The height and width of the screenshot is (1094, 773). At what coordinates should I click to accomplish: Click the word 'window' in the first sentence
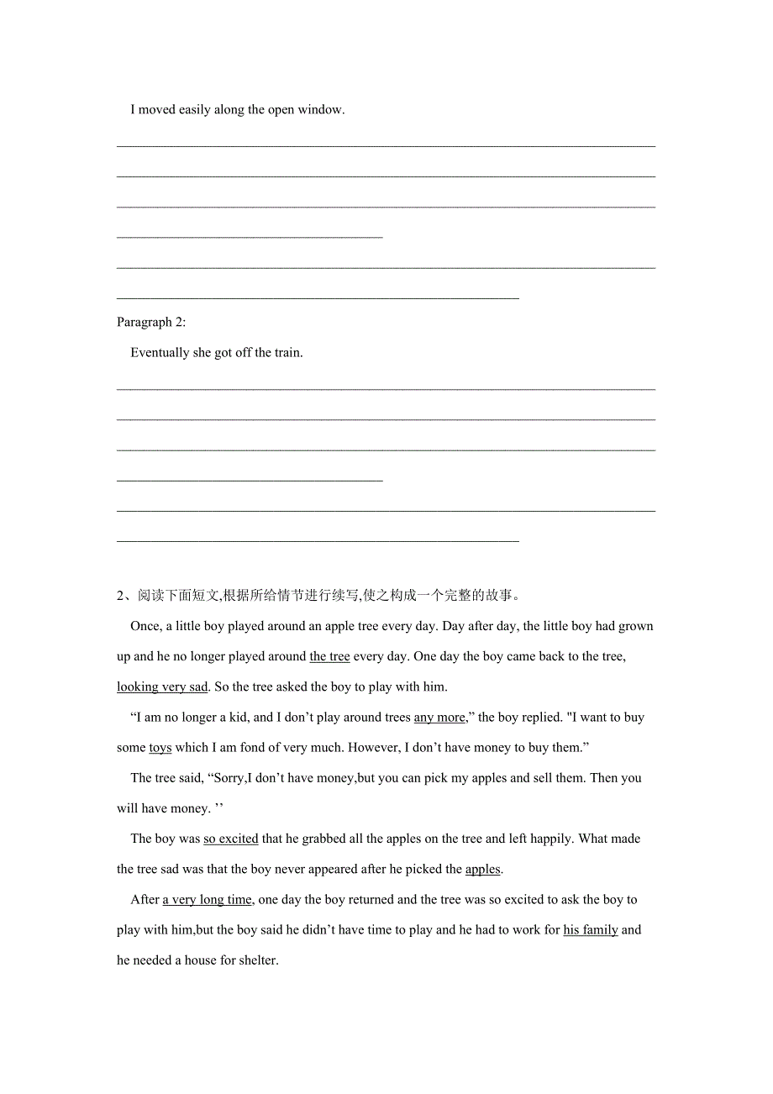[320, 110]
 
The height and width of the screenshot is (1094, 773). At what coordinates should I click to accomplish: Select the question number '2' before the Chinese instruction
[121, 596]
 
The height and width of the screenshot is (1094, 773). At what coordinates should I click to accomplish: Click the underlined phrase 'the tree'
[329, 657]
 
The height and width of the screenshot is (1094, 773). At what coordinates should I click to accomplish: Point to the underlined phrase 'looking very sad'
[162, 687]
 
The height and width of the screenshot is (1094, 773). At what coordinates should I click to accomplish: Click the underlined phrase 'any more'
[439, 718]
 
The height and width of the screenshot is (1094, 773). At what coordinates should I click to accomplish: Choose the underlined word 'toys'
[160, 748]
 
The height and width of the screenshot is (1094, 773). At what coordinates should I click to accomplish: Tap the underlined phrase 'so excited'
[231, 839]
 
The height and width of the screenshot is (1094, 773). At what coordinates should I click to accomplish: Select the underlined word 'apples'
[483, 869]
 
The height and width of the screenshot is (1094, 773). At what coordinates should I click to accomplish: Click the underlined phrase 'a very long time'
[208, 900]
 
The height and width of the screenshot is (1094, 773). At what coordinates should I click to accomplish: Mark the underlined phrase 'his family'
[591, 930]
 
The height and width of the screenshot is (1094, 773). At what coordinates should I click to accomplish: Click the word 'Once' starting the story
[145, 627]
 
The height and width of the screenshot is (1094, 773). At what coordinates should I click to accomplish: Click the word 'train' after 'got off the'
[287, 353]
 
